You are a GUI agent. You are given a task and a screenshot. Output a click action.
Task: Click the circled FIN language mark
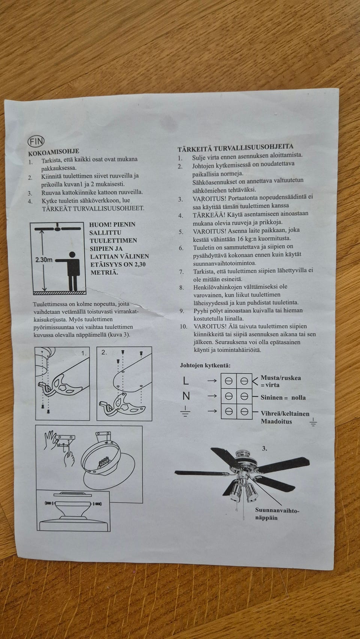[36, 141]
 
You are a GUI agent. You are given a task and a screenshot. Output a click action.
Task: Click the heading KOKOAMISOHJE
[54, 152]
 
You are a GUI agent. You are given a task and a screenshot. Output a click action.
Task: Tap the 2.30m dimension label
[43, 260]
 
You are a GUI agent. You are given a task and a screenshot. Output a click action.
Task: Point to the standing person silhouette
[70, 271]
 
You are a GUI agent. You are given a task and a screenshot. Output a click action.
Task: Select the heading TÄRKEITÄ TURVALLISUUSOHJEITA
[235, 148]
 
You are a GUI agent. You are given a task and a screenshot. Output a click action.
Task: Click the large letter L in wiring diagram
[186, 380]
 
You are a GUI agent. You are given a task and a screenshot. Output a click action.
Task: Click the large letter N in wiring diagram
[186, 396]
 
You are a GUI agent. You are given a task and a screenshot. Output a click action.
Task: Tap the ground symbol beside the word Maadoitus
[313, 422]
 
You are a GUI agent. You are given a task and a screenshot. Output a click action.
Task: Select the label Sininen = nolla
[283, 398]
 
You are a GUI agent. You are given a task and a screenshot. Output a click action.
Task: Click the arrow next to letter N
[212, 396]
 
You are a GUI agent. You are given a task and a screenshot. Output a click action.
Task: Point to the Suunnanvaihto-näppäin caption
[277, 514]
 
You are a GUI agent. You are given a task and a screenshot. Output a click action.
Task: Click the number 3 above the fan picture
[264, 449]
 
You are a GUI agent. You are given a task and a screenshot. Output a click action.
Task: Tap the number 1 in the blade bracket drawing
[83, 353]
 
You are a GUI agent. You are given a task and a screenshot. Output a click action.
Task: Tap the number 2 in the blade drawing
[104, 352]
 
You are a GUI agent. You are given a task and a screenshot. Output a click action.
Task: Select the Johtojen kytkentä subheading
[205, 365]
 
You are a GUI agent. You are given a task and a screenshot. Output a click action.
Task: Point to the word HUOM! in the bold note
[100, 224]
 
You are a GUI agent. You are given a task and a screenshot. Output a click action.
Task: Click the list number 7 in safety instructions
[181, 272]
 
